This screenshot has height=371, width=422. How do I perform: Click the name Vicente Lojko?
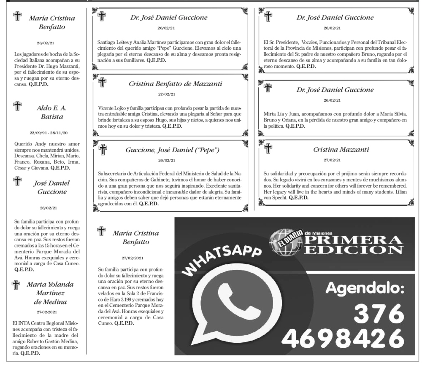[112, 110]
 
